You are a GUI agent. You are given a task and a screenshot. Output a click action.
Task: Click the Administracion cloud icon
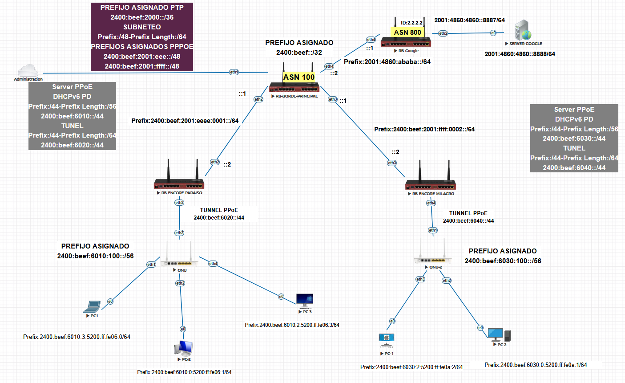tap(28, 71)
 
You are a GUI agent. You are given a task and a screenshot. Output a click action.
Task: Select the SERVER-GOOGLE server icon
tap(523, 30)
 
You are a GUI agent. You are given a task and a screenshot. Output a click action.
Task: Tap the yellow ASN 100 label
tap(299, 77)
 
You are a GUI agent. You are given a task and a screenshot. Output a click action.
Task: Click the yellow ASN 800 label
tap(407, 32)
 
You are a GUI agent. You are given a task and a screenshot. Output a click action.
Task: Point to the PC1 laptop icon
tap(93, 306)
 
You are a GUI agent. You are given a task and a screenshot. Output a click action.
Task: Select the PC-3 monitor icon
tap(305, 300)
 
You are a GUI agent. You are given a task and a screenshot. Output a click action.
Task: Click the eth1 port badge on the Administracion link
tap(234, 72)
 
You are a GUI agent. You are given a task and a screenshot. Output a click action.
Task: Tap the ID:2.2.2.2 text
tap(411, 23)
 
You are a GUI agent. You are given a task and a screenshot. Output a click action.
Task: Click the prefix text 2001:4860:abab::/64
tap(387, 62)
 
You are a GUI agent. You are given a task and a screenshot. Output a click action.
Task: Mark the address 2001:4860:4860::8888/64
tap(520, 54)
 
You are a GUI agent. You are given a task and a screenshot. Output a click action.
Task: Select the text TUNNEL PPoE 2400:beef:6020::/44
tap(219, 214)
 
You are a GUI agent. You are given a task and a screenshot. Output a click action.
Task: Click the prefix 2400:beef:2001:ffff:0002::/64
tap(424, 129)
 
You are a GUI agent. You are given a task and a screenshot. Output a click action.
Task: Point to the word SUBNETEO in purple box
tap(142, 27)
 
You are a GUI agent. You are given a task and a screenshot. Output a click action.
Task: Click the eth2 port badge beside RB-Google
tap(443, 33)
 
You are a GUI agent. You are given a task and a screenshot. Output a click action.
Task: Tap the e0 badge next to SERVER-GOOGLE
tap(493, 33)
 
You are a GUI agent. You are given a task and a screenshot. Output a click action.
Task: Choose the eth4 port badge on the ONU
tap(213, 264)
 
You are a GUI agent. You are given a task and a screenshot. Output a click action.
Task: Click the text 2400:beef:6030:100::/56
tap(503, 261)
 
